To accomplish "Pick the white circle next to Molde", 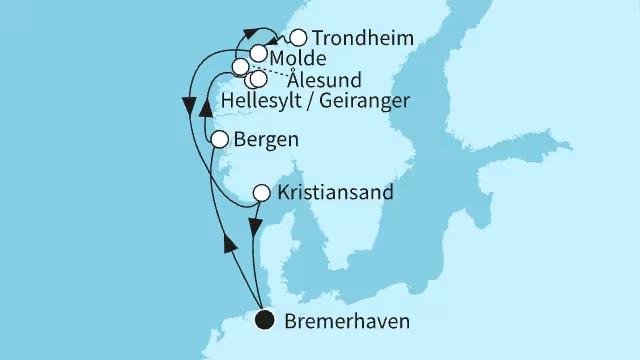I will (259, 54).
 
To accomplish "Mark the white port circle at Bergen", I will (221, 140).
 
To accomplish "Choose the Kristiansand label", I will (334, 192).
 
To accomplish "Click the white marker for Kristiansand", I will (261, 192).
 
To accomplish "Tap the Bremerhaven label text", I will (346, 321).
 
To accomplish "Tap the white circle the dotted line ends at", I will (241, 67).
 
